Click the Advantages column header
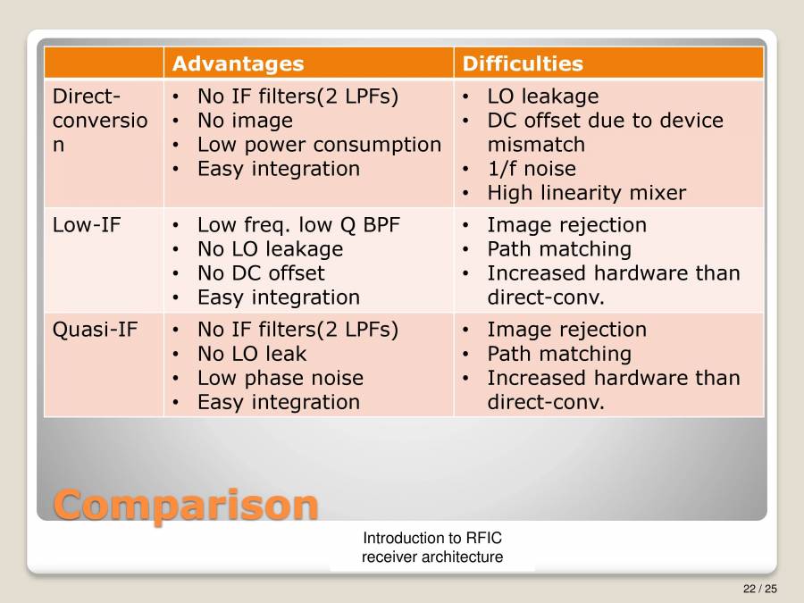pyautogui.click(x=238, y=63)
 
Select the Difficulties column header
pyautogui.click(x=522, y=63)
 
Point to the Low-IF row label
pyautogui.click(x=86, y=225)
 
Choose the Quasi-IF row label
pyautogui.click(x=95, y=330)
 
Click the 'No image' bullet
pyautogui.click(x=244, y=121)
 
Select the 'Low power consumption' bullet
pyautogui.click(x=318, y=145)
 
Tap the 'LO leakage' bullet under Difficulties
pyautogui.click(x=542, y=96)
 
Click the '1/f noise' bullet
pyautogui.click(x=531, y=169)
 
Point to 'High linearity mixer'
pyautogui.click(x=586, y=193)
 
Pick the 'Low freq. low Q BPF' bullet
pyautogui.click(x=297, y=225)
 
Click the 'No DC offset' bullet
pyautogui.click(x=260, y=273)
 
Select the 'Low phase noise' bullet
pyautogui.click(x=280, y=378)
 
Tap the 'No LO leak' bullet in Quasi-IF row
pyautogui.click(x=251, y=354)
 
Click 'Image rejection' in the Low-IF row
pyautogui.click(x=565, y=225)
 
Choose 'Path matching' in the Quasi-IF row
pyautogui.click(x=558, y=354)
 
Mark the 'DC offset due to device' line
pyautogui.click(x=605, y=121)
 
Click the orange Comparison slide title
pyautogui.click(x=186, y=505)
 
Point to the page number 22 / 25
pyautogui.click(x=759, y=588)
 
